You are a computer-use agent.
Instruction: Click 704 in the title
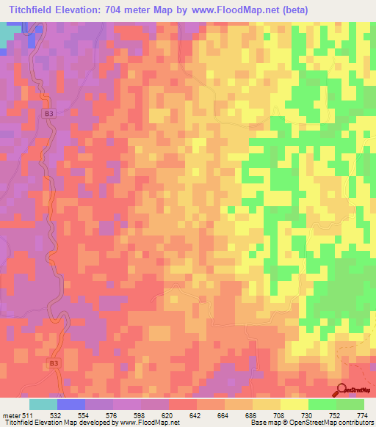126,10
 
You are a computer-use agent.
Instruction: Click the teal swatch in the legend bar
43,404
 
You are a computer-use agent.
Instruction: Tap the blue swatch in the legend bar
71,404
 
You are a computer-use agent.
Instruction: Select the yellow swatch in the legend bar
294,404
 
